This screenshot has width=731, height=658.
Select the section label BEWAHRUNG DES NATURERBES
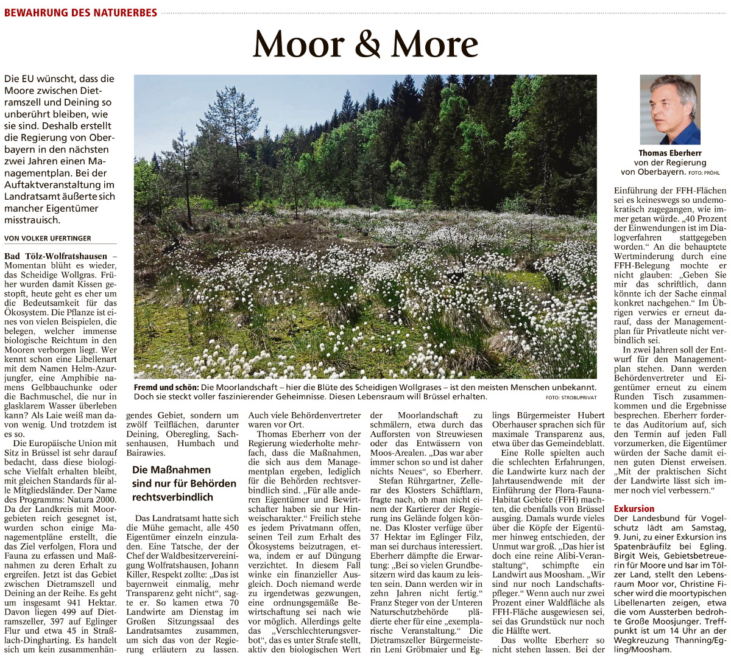coord(80,12)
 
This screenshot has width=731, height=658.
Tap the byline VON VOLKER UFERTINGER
coord(48,238)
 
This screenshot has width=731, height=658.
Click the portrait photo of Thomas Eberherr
coord(669,110)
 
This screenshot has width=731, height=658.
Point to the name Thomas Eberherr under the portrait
coord(669,153)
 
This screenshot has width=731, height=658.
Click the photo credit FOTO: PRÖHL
coord(704,173)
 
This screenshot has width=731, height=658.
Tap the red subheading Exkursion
coord(634,509)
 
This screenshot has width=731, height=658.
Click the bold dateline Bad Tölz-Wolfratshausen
coord(55,256)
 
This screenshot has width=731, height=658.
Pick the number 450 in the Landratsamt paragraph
coord(231,528)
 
